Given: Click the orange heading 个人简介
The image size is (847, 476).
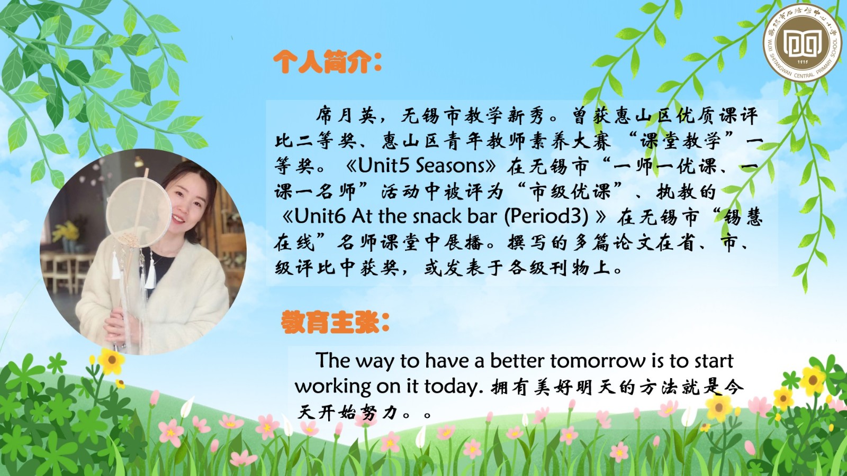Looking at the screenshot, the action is click(327, 62).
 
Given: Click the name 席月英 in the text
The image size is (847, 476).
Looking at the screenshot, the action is click(346, 116).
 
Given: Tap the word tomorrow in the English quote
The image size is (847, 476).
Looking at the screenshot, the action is click(598, 361).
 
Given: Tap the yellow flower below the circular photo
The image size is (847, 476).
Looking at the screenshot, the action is click(111, 360).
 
